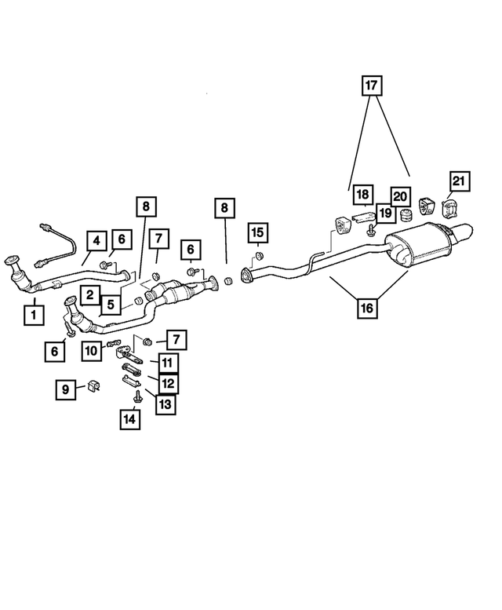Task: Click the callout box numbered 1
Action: tap(33, 316)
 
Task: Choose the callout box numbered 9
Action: tap(65, 388)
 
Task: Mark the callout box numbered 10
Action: tap(92, 351)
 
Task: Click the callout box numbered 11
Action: tap(166, 363)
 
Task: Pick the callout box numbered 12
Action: tap(166, 383)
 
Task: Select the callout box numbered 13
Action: tap(166, 404)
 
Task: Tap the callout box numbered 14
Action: tap(129, 420)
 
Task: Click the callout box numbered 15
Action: tap(258, 233)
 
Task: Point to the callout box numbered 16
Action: tap(366, 308)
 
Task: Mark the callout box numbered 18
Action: tap(362, 193)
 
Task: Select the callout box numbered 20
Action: tap(401, 195)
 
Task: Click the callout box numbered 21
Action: tap(457, 181)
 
